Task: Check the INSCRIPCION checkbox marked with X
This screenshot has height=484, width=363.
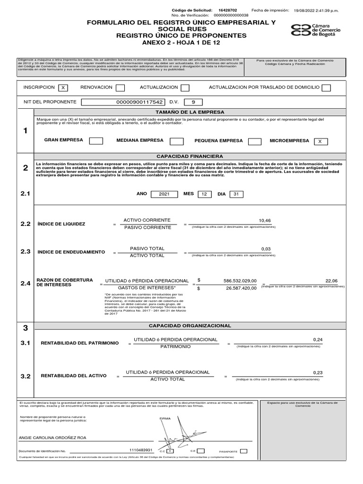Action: point(63,87)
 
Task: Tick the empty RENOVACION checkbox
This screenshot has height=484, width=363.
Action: point(120,87)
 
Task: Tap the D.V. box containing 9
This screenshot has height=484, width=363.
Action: point(193,102)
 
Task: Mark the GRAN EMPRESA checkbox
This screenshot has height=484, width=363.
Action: point(96,141)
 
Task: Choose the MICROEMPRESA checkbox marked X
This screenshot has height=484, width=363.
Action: point(320,141)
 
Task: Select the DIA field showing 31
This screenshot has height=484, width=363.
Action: point(236,194)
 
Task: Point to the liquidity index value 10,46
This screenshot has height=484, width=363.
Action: point(265,221)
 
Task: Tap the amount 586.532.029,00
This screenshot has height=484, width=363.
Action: point(240,280)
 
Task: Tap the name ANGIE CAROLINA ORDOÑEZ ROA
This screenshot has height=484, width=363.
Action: point(52,438)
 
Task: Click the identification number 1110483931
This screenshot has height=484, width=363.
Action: point(141,450)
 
